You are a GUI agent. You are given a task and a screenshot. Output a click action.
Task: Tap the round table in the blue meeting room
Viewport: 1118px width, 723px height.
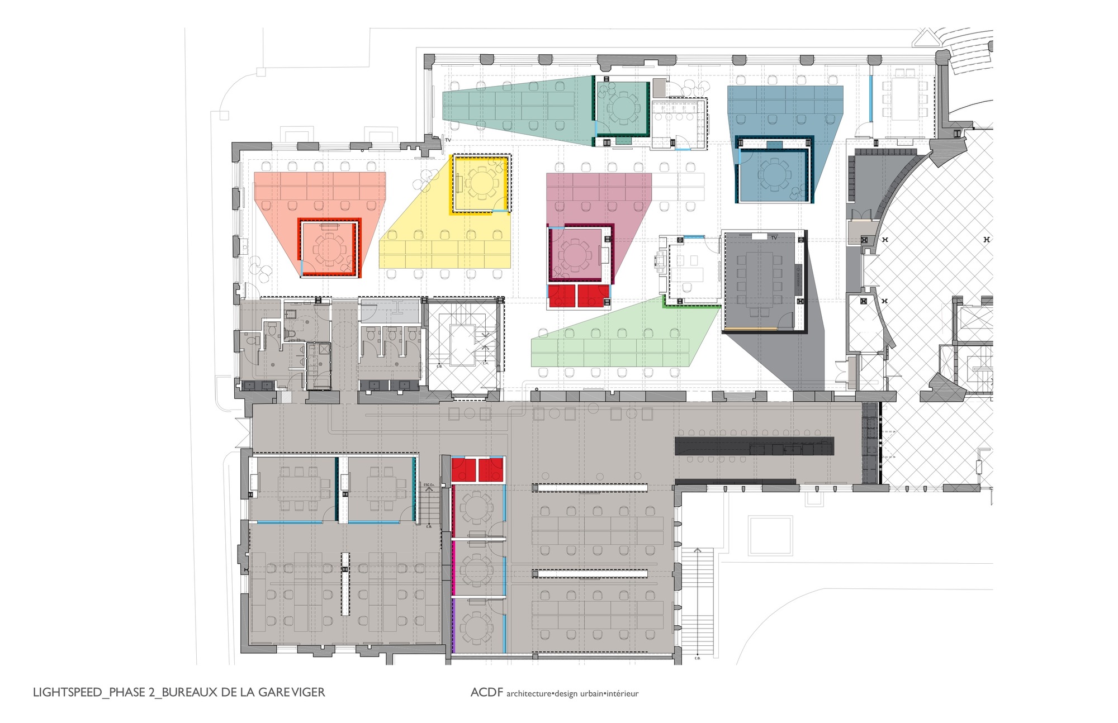[x=774, y=173]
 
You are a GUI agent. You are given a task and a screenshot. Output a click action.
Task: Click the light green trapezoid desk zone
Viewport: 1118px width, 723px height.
[x=620, y=341]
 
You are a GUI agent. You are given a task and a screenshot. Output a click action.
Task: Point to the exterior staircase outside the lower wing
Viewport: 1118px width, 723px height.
[x=697, y=601]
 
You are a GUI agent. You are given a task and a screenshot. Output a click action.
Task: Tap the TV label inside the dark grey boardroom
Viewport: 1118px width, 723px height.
[x=774, y=238]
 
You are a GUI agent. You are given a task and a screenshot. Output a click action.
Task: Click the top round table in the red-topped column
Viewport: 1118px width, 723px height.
[x=476, y=508]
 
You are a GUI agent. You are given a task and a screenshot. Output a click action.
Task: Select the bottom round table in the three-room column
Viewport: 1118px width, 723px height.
[x=476, y=627]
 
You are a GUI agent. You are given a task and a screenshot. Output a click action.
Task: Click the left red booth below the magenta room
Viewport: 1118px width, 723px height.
[x=562, y=296]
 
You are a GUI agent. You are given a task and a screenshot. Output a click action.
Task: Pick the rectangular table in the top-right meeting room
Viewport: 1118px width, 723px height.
[x=904, y=99]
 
